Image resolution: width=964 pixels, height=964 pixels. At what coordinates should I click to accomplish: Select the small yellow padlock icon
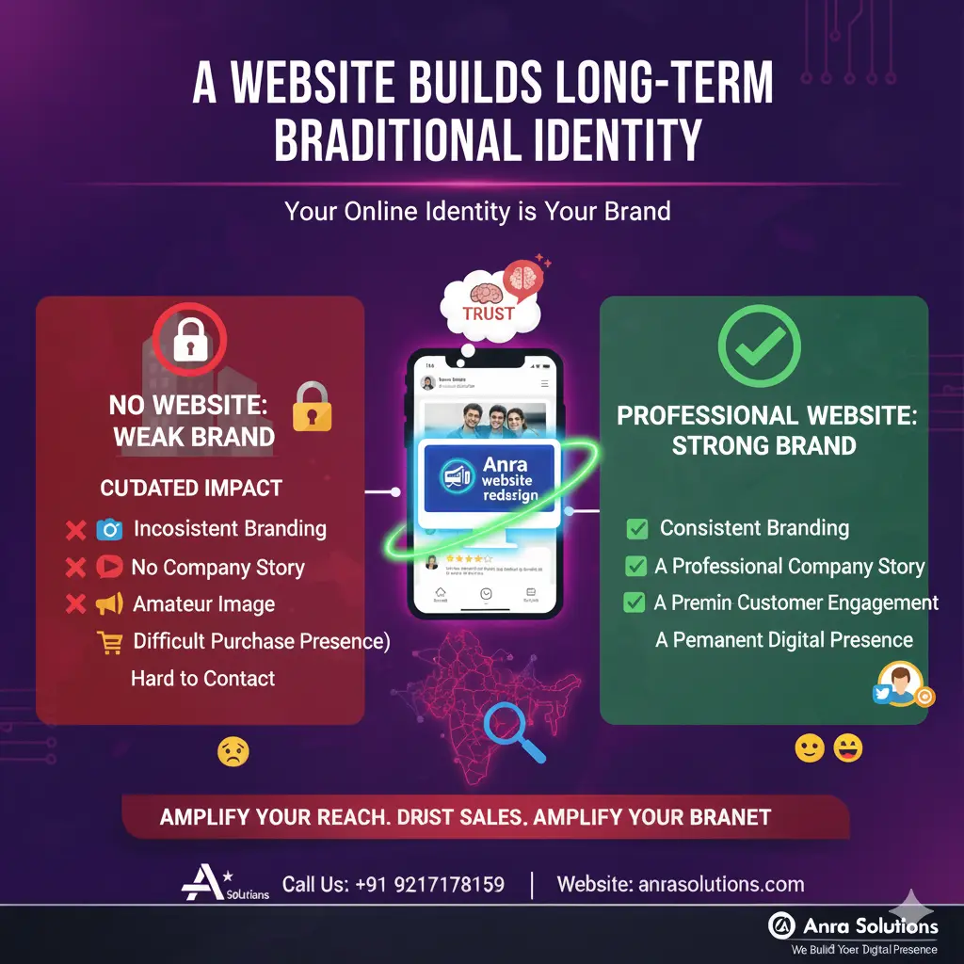pos(312,407)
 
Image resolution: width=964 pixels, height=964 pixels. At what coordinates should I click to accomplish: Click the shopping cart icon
pos(110,642)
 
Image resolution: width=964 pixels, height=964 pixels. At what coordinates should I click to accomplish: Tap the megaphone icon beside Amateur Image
pos(109,604)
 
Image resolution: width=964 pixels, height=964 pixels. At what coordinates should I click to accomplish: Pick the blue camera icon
pos(109,529)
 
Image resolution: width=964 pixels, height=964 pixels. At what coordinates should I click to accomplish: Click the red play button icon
pos(109,567)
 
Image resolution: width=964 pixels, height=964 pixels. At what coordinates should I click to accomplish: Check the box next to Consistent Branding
pos(637,529)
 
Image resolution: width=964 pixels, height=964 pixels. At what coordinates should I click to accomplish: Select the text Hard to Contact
pos(203,679)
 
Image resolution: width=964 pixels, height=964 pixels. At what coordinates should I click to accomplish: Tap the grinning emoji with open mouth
pos(847,749)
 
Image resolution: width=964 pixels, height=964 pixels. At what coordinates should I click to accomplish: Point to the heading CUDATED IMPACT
pos(191,488)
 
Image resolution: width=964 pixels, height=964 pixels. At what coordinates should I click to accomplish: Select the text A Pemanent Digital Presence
pos(784,640)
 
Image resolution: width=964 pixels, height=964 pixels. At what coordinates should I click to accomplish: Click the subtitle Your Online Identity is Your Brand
pos(477,210)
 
